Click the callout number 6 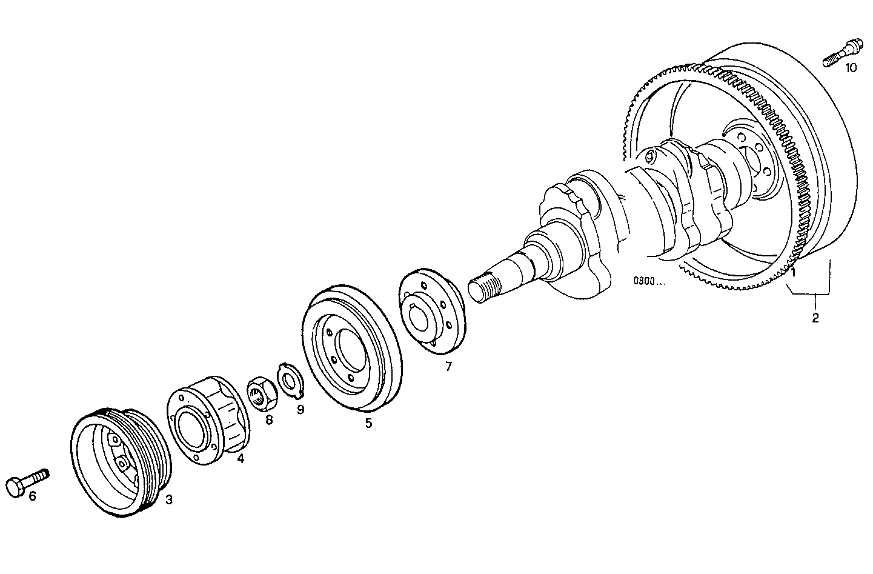tap(32, 496)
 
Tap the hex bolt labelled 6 tap(27, 481)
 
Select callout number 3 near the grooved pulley tap(169, 500)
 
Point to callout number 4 tap(241, 459)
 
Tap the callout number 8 tap(268, 419)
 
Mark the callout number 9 tap(300, 409)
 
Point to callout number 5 tap(368, 423)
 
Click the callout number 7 tap(448, 366)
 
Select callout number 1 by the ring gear tap(792, 273)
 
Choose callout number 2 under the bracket tap(815, 317)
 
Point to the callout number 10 tap(851, 68)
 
